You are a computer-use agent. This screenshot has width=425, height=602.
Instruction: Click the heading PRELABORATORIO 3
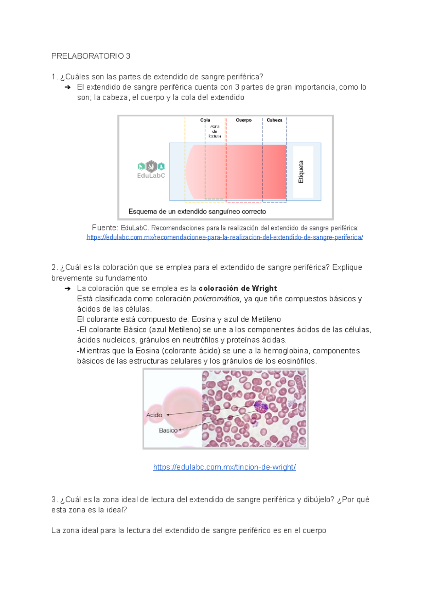coord(91,56)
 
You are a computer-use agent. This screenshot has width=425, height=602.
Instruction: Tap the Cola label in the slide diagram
coord(205,120)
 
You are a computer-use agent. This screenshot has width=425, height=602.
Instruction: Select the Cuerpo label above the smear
coord(244,120)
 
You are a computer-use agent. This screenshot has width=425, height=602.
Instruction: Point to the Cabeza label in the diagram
coord(274,120)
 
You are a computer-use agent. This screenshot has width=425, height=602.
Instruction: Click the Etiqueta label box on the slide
coord(303,172)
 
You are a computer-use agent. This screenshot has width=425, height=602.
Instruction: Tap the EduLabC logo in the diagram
coord(151,170)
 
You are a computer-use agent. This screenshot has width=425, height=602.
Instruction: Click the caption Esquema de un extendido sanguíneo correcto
coord(197,212)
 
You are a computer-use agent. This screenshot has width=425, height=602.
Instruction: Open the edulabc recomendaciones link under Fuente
coord(225,237)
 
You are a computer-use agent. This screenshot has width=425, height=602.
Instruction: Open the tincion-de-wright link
coord(224,467)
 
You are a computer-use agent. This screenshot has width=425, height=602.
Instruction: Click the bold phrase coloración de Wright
coord(238,288)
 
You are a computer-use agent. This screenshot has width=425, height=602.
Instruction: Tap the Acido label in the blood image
coord(154,415)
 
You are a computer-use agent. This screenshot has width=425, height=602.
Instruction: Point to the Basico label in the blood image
coord(168,430)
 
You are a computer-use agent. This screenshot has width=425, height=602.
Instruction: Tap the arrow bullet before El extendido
coord(68,87)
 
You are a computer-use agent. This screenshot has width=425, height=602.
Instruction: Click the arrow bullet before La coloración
coord(68,289)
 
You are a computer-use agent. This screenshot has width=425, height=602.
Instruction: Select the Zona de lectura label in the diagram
coord(215,131)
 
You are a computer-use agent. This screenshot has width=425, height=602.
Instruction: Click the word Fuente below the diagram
coord(104,228)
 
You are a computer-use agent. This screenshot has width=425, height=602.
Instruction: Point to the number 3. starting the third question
coord(54,500)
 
